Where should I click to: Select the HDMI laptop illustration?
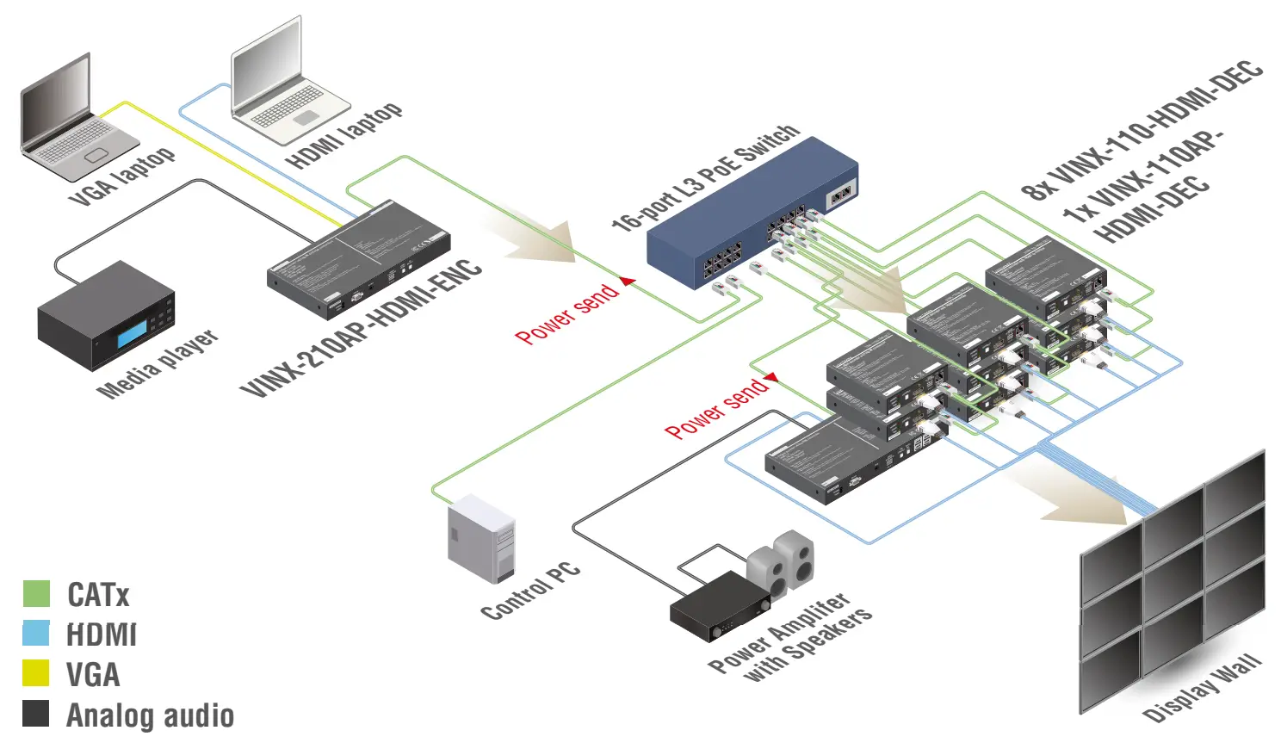click(x=284, y=86)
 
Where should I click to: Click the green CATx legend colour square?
click(x=36, y=594)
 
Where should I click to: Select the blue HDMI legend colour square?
click(x=36, y=634)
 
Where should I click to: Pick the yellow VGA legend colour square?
click(x=36, y=673)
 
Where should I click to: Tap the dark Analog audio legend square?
click(x=36, y=714)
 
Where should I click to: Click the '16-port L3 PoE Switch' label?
click(x=706, y=176)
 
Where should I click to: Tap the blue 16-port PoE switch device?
click(x=749, y=220)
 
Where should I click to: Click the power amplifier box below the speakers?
click(x=720, y=606)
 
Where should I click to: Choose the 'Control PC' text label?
click(x=530, y=592)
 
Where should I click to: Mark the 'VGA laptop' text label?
click(x=123, y=177)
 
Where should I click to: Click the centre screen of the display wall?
click(x=1173, y=568)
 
